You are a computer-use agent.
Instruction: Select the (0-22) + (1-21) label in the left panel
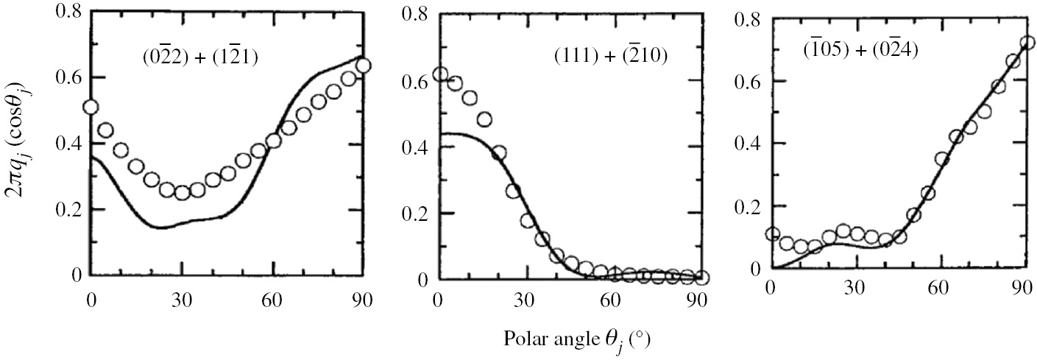point(199,59)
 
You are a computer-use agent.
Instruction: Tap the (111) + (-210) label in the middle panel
point(610,55)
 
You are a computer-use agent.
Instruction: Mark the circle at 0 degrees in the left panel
point(91,107)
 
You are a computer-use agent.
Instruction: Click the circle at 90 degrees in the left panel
point(362,66)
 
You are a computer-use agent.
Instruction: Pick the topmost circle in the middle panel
point(440,75)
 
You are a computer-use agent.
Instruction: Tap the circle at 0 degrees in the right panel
point(771,234)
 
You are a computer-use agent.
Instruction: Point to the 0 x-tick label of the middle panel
point(439,300)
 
